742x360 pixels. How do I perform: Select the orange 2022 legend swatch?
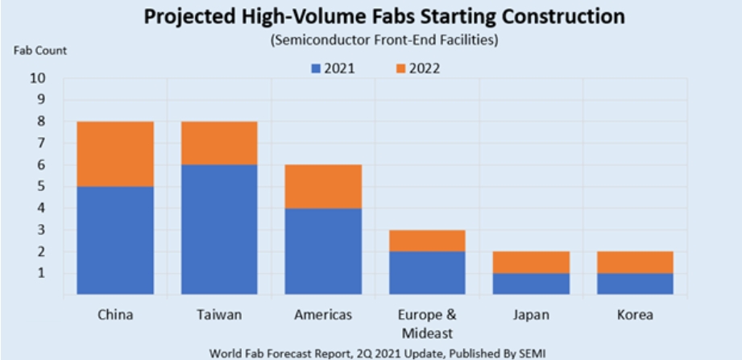point(399,68)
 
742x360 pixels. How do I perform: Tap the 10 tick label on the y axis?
point(38,79)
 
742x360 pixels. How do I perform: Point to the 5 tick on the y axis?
point(41,187)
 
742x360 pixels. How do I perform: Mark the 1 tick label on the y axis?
point(41,273)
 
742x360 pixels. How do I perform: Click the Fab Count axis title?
point(39,50)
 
